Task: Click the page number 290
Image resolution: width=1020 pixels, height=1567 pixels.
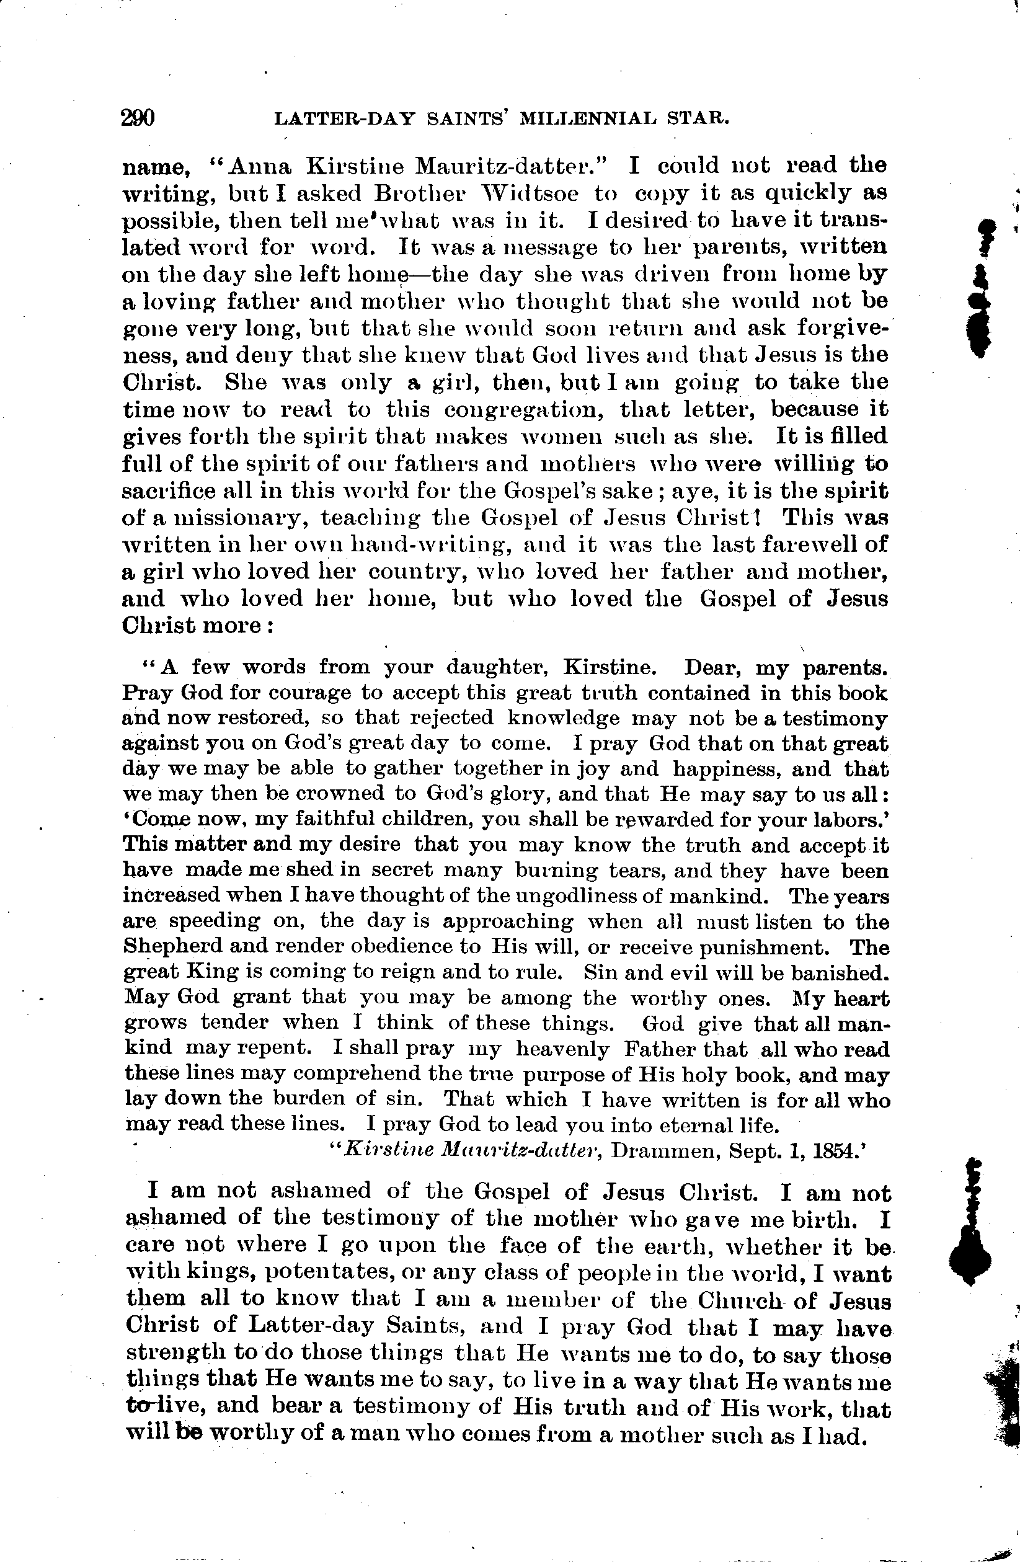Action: (138, 118)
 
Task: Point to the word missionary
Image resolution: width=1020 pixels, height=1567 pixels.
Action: (231, 518)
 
